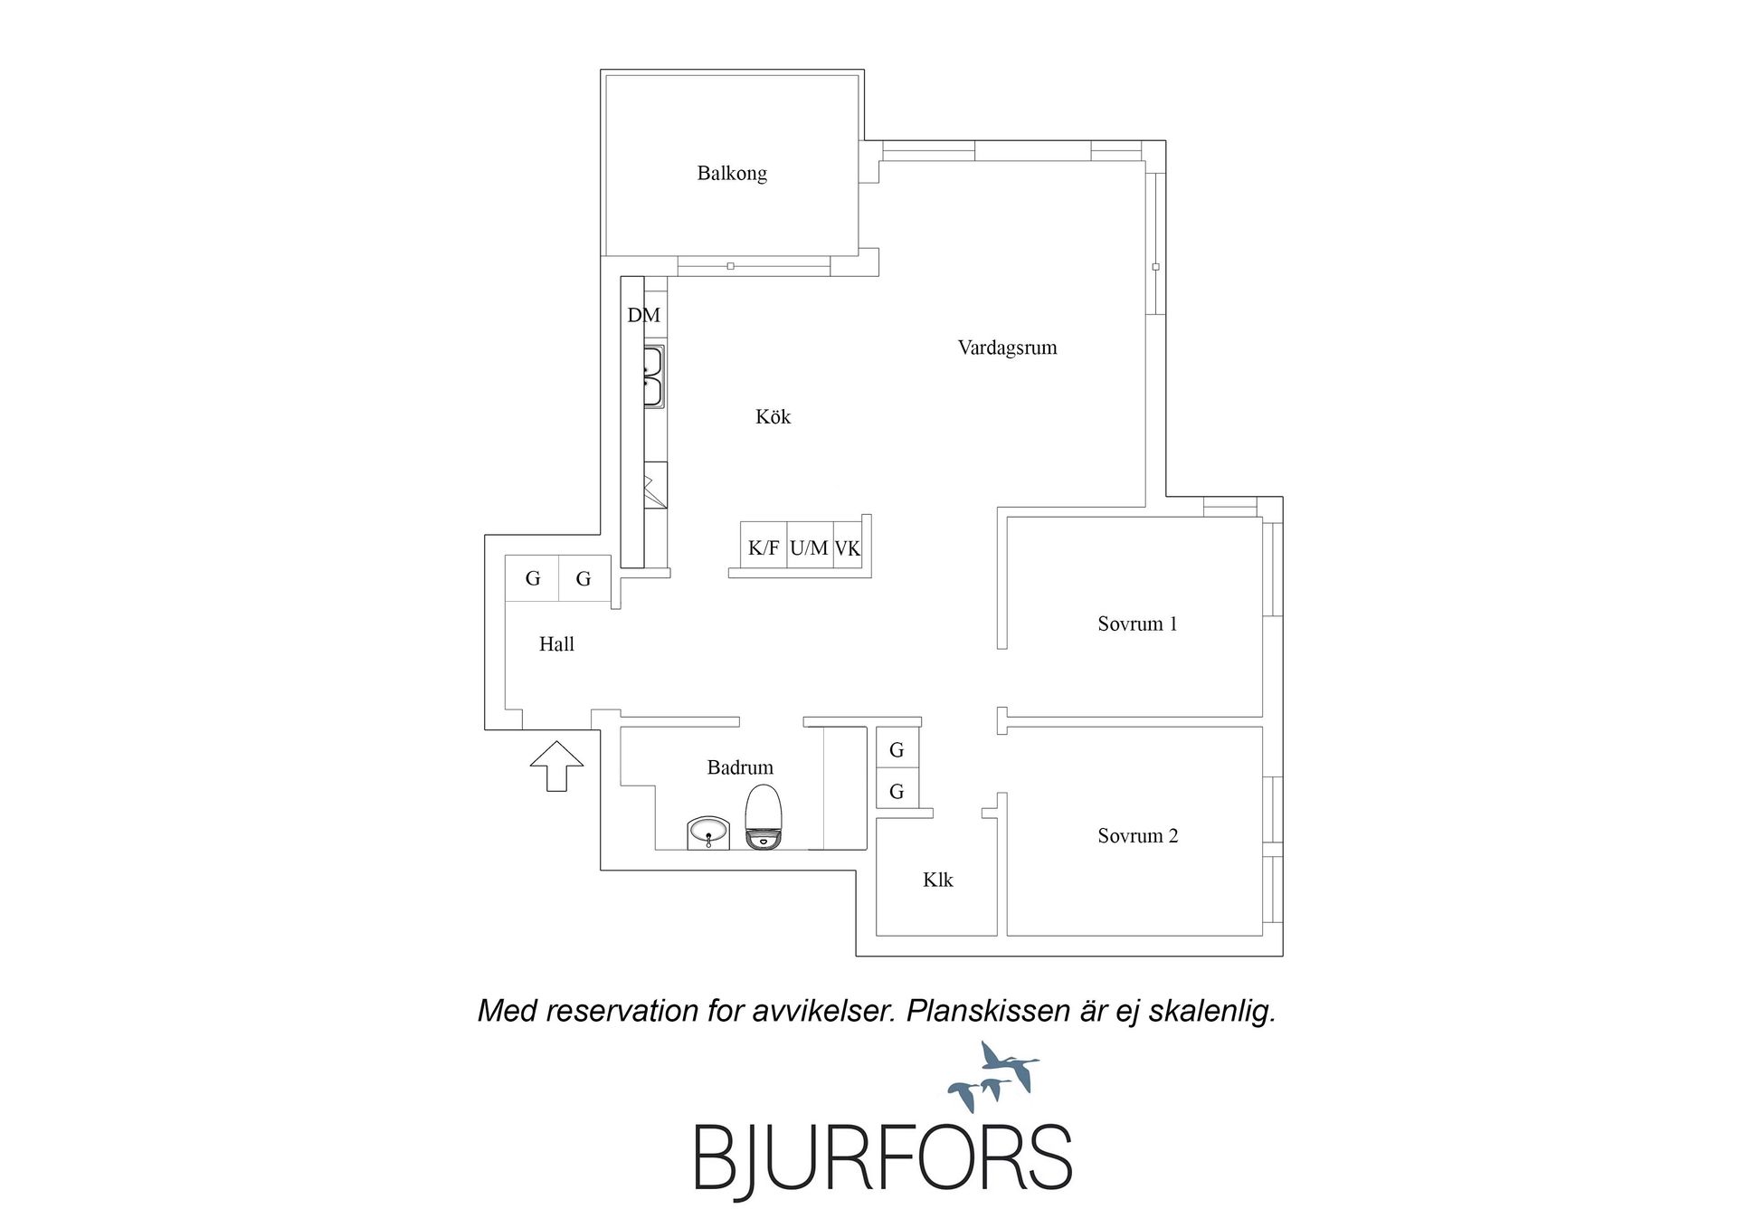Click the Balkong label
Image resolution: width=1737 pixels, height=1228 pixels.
tap(732, 173)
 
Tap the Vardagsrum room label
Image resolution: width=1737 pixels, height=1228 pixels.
tap(1007, 347)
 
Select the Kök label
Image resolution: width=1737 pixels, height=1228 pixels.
tap(774, 416)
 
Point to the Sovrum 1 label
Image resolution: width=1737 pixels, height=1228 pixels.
tap(1137, 624)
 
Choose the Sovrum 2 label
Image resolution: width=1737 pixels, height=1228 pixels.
tap(1138, 835)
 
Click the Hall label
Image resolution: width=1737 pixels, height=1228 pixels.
tap(556, 643)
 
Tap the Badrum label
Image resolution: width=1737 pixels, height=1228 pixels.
tap(740, 767)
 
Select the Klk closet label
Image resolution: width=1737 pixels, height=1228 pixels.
tap(938, 880)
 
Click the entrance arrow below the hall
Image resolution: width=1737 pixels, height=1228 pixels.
tap(556, 766)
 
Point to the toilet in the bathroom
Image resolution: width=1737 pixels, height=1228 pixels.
tap(764, 816)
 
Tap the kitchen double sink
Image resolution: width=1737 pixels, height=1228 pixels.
tap(654, 376)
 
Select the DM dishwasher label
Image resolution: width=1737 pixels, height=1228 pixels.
tap(644, 315)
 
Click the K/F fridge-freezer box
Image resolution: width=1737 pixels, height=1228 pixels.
tap(764, 546)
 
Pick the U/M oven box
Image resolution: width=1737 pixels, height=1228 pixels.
tap(810, 546)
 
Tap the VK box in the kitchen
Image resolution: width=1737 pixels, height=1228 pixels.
tap(848, 546)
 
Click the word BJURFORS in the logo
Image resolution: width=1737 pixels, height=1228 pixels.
tap(883, 1157)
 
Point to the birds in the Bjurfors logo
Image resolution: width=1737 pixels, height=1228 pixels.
tap(993, 1077)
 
